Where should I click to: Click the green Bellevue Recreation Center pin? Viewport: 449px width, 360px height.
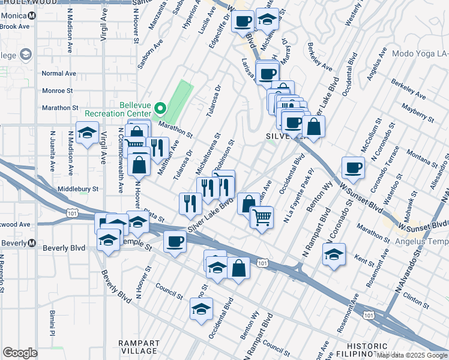click(x=160, y=109)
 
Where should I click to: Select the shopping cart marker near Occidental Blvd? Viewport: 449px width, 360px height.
click(x=262, y=217)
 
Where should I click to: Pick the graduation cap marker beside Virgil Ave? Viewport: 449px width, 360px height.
click(x=88, y=133)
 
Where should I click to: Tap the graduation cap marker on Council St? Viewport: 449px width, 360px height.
click(x=201, y=309)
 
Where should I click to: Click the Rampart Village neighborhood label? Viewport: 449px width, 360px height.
click(x=138, y=346)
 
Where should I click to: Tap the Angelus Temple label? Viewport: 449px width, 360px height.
click(x=421, y=242)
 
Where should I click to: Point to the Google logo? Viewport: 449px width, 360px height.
click(x=20, y=353)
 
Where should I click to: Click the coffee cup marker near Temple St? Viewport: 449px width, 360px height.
click(x=175, y=242)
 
